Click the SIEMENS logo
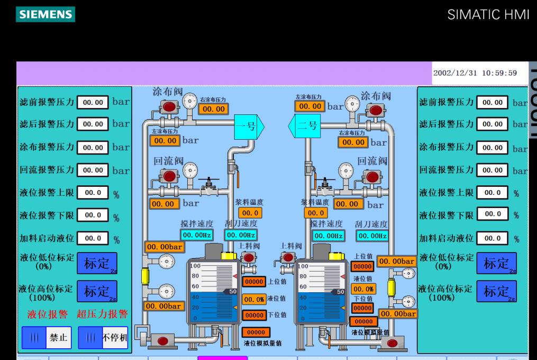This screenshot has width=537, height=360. coord(45,14)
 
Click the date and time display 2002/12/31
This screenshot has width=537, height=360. coord(475,73)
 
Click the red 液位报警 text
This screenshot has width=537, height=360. coord(48,314)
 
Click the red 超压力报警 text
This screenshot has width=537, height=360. coord(103,314)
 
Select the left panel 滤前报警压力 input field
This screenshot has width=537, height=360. coord(93,102)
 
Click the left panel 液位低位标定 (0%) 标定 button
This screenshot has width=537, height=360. coord(97,263)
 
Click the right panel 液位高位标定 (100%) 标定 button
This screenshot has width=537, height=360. coord(496,291)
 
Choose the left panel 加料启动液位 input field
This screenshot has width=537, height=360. coord(93,238)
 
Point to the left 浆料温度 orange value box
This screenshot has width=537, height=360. coord(250,213)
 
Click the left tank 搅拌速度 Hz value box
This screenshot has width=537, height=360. coord(197,235)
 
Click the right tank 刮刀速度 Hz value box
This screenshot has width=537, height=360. coord(371,236)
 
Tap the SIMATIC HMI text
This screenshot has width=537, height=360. coord(488,14)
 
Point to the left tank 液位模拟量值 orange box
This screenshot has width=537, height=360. coord(256,332)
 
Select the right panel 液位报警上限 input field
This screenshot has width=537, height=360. coord(492,193)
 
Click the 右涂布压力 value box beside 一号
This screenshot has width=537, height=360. coord(213,109)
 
